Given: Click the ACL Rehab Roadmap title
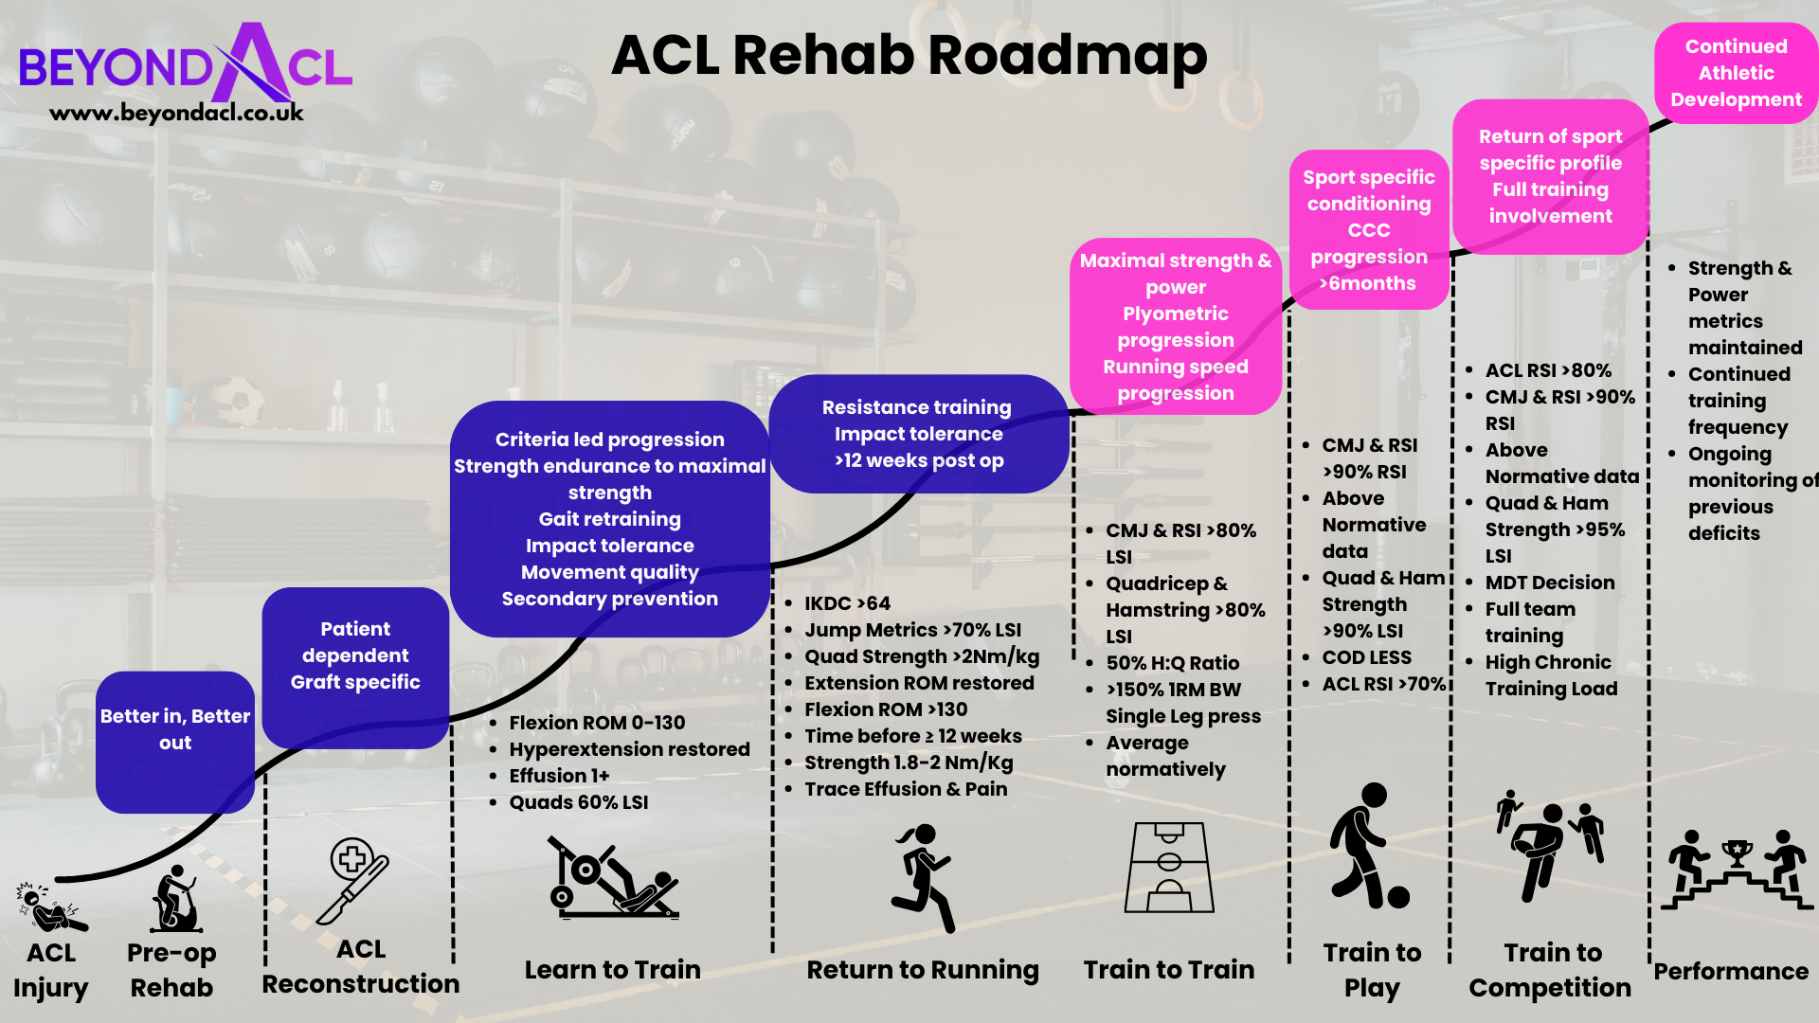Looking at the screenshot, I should pos(909,55).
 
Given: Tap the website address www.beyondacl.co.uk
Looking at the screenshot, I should pos(176,113).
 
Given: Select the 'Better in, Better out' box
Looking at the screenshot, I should pos(175,730).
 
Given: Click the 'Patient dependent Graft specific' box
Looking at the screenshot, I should pos(355,656).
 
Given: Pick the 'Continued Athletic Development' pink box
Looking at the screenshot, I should pos(1736,73).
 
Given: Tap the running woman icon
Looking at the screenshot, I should pos(921,877).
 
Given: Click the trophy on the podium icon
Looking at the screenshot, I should pos(1737,853).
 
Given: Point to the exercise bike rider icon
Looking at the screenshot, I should pos(176,899).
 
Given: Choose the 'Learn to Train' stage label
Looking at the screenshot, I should pos(612,969).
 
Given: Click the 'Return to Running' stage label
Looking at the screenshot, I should pos(922,969).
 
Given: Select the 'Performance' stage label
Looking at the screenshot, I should pos(1731,971).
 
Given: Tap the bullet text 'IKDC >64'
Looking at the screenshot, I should pos(847,603).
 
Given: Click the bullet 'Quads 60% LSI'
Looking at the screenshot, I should pos(578,802).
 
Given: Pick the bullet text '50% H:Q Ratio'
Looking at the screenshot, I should pos(1172,663).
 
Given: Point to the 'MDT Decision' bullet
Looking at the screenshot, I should pos(1549,583).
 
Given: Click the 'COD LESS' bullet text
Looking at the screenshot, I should pos(1366,657).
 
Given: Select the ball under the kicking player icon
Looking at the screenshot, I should pos(1398,896).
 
